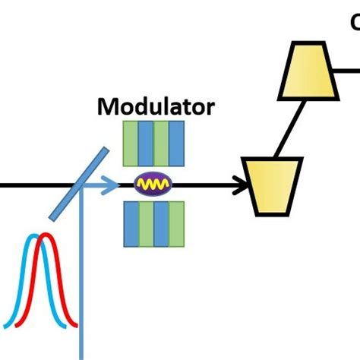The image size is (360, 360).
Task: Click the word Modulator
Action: (x=155, y=106)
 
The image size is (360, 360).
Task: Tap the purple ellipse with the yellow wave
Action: (x=154, y=184)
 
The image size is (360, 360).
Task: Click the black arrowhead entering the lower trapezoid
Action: (x=242, y=184)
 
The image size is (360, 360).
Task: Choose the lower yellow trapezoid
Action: (x=271, y=185)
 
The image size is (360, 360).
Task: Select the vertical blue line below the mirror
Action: (x=81, y=289)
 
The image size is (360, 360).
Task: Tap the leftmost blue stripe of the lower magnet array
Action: (x=131, y=224)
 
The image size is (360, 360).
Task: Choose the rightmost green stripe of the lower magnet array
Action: (x=176, y=224)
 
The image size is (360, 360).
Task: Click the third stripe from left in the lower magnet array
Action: (x=161, y=224)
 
